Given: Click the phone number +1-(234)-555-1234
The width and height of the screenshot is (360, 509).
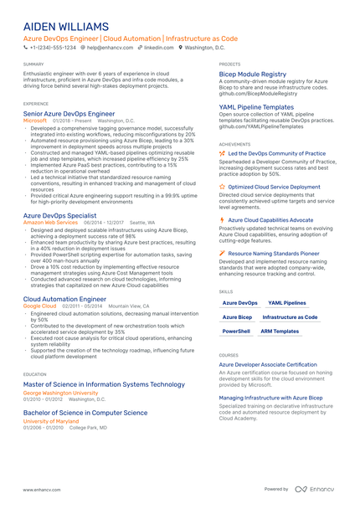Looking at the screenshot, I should (x=54, y=48).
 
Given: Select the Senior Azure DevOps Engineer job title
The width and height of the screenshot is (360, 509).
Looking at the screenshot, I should (x=69, y=112).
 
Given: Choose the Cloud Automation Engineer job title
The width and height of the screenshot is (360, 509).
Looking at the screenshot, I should (x=64, y=299).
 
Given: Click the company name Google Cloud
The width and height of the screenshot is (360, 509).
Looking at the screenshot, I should (x=39, y=306).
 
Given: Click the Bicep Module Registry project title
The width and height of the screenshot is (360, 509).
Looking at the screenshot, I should (x=252, y=74).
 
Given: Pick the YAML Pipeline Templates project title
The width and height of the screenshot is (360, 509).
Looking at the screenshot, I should (x=256, y=107).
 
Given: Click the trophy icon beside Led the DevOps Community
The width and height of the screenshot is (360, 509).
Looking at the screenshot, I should (x=222, y=154).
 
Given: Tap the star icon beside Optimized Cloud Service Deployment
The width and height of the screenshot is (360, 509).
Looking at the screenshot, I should (x=222, y=187).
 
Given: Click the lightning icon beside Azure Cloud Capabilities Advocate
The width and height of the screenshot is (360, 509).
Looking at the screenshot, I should (x=222, y=219).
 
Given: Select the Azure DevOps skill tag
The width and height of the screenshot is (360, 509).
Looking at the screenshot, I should (x=239, y=303).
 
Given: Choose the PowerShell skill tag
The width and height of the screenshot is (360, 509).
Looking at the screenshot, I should (x=236, y=332).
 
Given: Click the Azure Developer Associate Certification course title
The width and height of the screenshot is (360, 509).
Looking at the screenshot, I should (x=268, y=365).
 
